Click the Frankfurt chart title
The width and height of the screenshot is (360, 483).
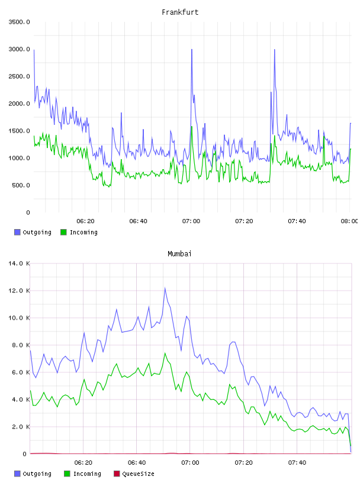click(x=180, y=12)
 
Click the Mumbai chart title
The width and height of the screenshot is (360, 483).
click(x=179, y=253)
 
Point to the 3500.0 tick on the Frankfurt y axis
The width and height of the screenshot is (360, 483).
click(x=19, y=22)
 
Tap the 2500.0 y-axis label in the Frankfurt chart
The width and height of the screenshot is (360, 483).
click(x=19, y=76)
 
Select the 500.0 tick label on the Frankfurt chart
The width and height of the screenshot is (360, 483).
click(x=21, y=185)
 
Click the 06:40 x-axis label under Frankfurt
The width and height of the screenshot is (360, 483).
click(x=138, y=221)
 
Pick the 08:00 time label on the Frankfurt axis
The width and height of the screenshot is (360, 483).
click(x=349, y=221)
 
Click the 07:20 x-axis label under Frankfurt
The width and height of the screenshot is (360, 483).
click(x=244, y=221)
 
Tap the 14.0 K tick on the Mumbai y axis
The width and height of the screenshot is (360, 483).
click(x=19, y=263)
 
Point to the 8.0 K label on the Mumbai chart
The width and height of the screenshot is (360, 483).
click(x=21, y=345)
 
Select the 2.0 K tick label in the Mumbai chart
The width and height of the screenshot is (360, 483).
click(x=21, y=427)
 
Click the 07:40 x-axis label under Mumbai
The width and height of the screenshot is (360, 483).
click(x=297, y=462)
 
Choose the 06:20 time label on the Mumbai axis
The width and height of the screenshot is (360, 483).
click(x=83, y=462)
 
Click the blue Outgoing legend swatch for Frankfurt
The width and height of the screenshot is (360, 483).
click(x=17, y=232)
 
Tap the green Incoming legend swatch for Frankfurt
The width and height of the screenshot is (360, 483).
click(x=63, y=232)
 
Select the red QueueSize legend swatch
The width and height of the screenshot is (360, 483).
click(x=117, y=474)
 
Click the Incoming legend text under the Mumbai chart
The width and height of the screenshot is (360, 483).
click(x=87, y=474)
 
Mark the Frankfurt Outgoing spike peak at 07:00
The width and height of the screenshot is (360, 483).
click(x=192, y=49)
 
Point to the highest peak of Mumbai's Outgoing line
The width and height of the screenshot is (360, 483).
click(x=165, y=288)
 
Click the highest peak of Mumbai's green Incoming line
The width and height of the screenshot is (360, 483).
click(x=165, y=353)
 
